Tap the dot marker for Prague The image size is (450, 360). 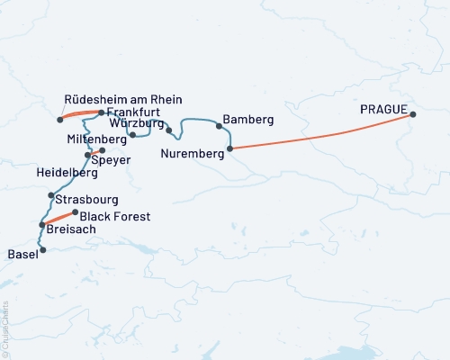[413, 114]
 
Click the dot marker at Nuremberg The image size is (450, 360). [229, 148]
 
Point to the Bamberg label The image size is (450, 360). [247, 120]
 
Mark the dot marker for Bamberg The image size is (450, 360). [219, 126]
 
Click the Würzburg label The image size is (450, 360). [137, 122]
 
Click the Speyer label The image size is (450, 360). [112, 159]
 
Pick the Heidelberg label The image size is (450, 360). [67, 172]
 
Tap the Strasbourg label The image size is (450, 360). [86, 198]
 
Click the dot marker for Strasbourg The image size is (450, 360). [51, 195]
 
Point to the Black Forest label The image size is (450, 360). [115, 217]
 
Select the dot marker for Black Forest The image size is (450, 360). [75, 212]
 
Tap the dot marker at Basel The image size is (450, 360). [42, 249]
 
